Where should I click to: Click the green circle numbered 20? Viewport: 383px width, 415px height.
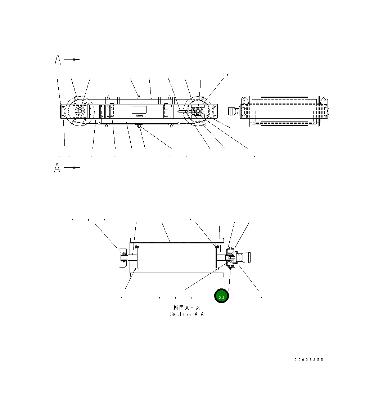point(221,296)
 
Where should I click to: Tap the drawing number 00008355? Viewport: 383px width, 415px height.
point(308,359)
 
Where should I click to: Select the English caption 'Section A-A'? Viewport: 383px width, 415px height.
point(186,314)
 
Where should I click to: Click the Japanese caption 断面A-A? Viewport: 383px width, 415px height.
point(186,308)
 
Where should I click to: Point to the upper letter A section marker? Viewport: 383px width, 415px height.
point(58,60)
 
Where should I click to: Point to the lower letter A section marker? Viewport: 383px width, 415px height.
point(57,168)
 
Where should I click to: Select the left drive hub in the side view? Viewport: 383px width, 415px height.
point(80,111)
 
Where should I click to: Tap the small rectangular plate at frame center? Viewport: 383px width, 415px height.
point(139,110)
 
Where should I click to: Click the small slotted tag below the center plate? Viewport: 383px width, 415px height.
point(139,116)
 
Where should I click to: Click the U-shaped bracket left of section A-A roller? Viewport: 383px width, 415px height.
point(123,257)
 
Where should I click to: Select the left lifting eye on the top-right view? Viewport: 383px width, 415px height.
point(244,99)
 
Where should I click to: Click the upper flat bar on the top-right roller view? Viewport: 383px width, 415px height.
point(284,98)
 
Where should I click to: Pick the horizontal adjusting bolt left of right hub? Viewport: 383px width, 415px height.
point(182,112)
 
